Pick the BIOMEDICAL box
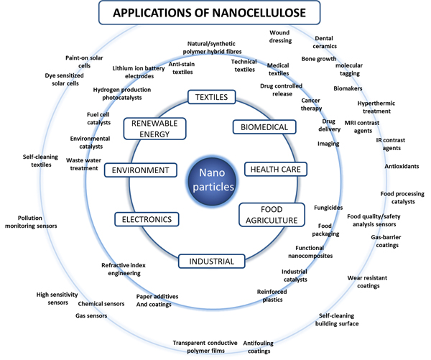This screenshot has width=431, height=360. click(x=264, y=127)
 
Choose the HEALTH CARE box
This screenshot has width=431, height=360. click(x=274, y=169)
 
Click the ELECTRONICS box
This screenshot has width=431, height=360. click(x=147, y=218)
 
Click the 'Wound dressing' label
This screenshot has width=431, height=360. click(x=280, y=37)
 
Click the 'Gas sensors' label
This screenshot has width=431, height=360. click(x=91, y=315)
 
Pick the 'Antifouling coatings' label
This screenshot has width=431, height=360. click(x=256, y=347)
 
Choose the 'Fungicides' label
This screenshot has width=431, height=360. click(x=328, y=208)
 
